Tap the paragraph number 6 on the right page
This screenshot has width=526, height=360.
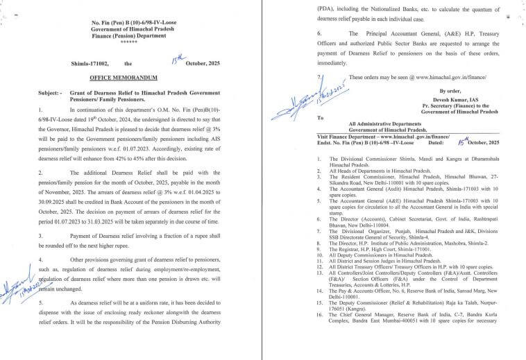pos(319,33)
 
